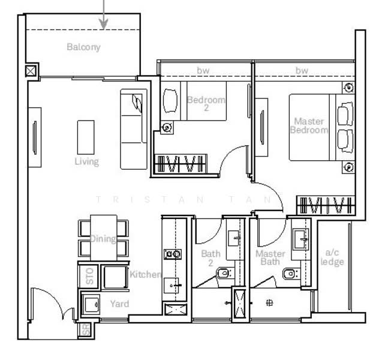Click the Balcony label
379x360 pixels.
[x=83, y=47]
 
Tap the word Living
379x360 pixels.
[x=86, y=161]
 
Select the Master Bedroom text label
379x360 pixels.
[x=309, y=125]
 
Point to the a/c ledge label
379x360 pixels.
[x=332, y=257]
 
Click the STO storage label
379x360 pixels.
[x=90, y=277]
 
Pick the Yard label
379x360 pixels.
[x=119, y=304]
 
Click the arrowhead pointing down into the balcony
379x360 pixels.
[x=104, y=24]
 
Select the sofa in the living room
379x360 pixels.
[x=133, y=128]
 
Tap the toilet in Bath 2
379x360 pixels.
[x=223, y=274]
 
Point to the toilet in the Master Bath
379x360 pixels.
[x=290, y=274]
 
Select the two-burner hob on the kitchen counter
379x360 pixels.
[x=173, y=254]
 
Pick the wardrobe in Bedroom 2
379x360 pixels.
[x=181, y=163]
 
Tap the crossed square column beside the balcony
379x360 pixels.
[x=31, y=71]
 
